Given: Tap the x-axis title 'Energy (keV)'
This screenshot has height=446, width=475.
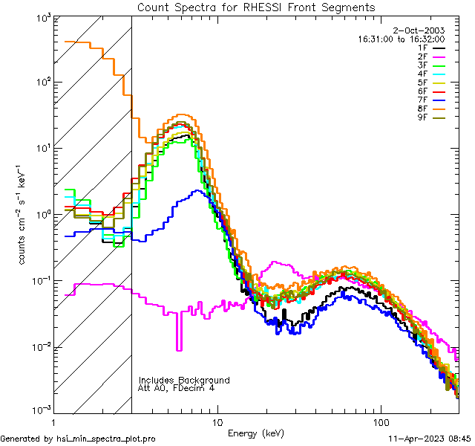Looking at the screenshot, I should (255, 433).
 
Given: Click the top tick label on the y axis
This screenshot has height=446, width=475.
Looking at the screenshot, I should (39, 18).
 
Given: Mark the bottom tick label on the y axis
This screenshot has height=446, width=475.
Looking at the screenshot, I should (39, 410).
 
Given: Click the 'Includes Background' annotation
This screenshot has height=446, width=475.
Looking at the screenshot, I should (184, 380).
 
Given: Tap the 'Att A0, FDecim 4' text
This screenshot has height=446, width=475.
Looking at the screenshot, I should (177, 388).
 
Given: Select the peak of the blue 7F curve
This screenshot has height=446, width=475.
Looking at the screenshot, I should (197, 191).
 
